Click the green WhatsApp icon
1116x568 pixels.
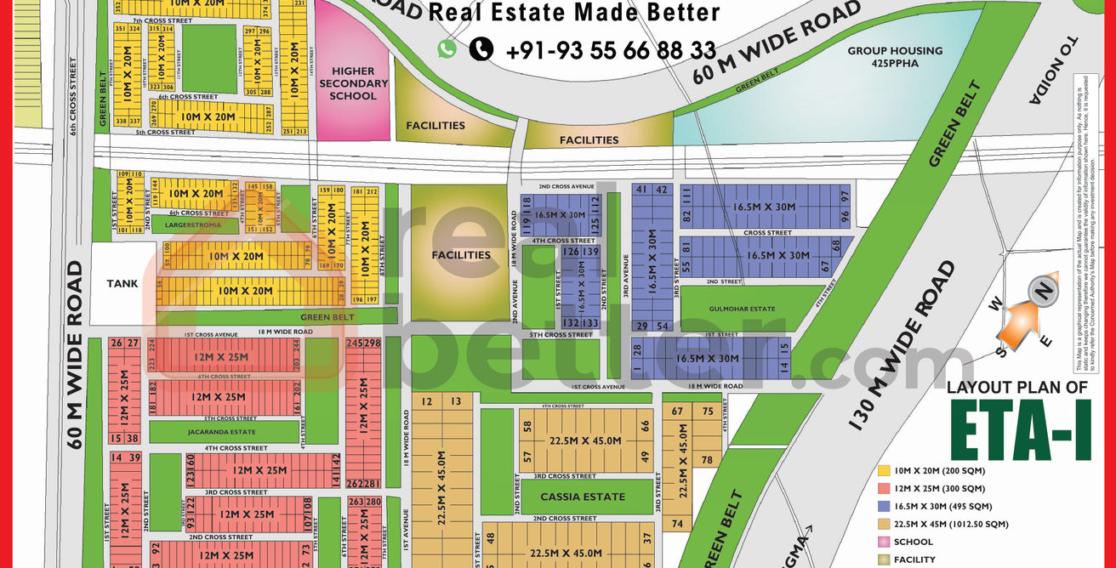[x=447, y=49]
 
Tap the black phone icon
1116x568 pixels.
[x=481, y=49]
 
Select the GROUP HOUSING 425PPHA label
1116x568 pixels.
[x=895, y=57]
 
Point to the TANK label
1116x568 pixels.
[x=122, y=284]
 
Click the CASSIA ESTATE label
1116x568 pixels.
[x=584, y=497]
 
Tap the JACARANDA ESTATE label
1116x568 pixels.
[x=214, y=432]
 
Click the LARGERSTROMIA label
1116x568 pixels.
[x=192, y=225]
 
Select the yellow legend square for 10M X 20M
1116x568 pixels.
[x=885, y=470]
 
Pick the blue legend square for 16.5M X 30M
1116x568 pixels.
[x=885, y=506]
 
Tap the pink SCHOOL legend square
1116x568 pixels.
[x=885, y=542]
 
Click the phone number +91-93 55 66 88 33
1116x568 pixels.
[x=611, y=50]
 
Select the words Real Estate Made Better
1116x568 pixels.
[x=574, y=13]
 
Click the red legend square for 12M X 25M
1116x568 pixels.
[x=885, y=488]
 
